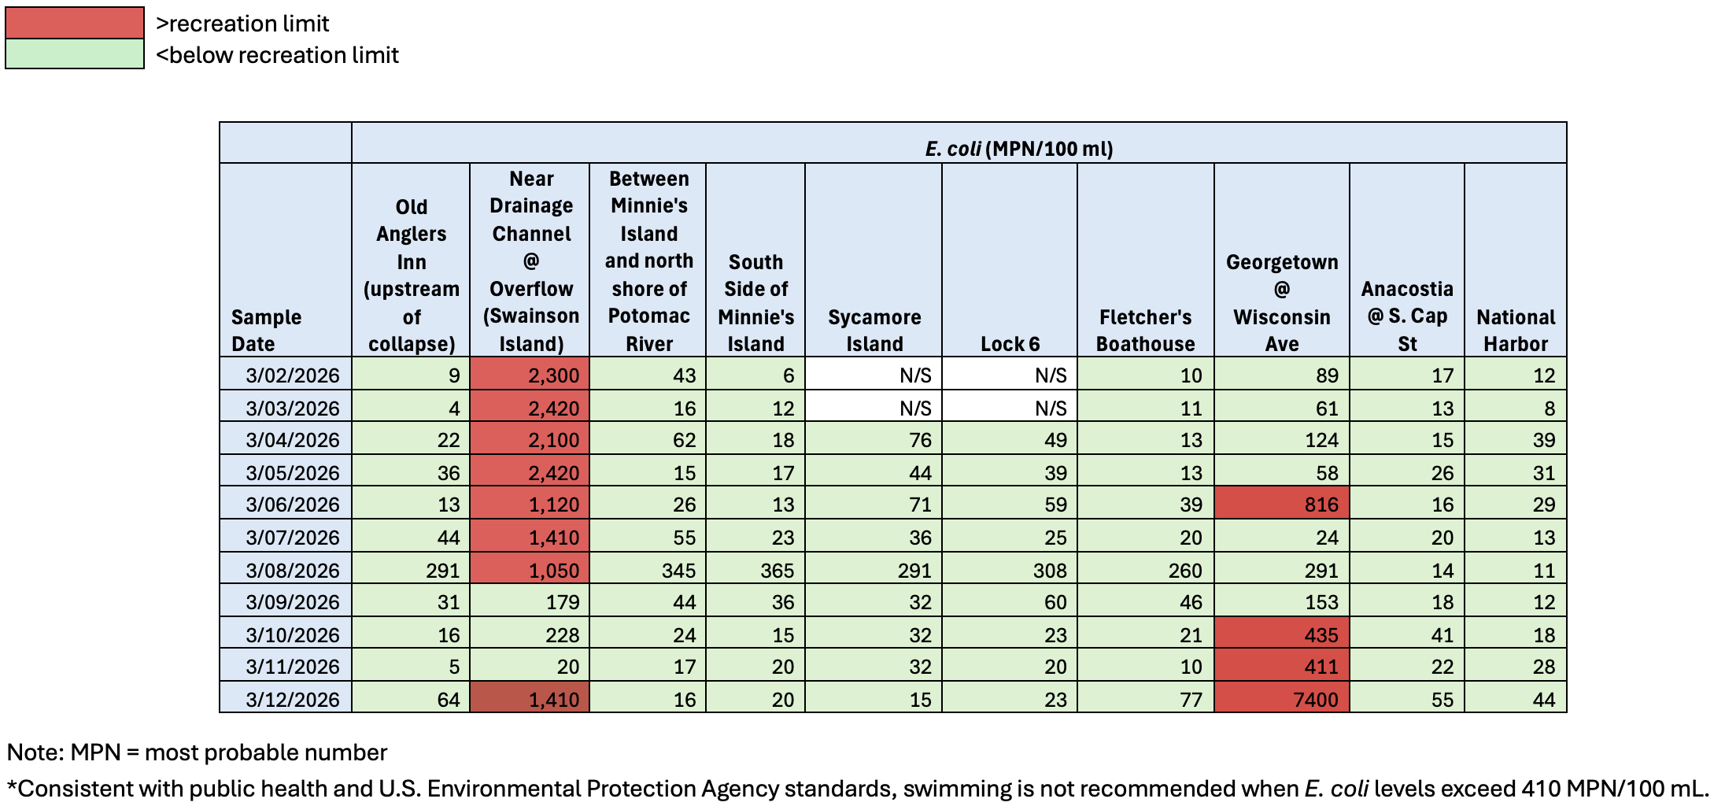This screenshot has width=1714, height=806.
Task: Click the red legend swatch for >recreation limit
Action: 74,22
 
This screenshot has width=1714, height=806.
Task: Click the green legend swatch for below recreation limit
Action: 74,54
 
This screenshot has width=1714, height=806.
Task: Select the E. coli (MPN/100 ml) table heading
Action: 1018,148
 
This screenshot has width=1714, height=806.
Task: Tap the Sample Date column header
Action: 266,330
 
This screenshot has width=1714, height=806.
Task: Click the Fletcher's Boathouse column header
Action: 1145,330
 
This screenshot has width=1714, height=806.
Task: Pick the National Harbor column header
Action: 1515,330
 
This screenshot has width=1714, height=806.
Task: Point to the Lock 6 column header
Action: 1010,343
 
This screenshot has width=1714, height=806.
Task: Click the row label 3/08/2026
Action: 292,570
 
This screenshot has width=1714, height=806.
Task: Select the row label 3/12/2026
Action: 292,699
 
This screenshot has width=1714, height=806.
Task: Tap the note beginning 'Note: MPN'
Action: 197,752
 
